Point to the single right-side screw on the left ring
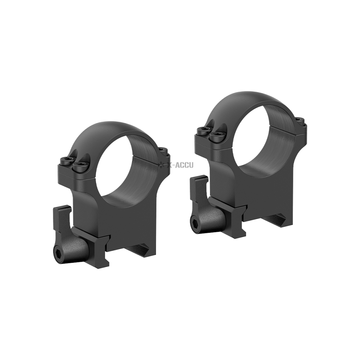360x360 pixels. click(x=163, y=150)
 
